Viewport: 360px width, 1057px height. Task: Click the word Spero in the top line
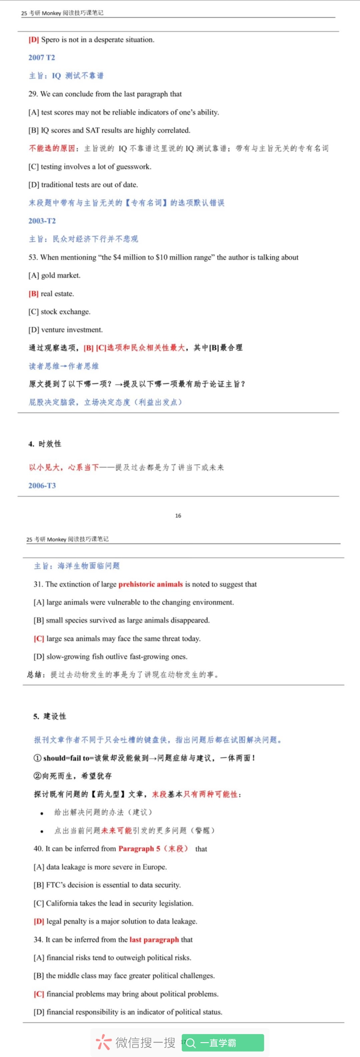[50, 40]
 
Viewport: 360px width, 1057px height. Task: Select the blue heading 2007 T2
[41, 58]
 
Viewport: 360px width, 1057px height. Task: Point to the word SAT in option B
[92, 130]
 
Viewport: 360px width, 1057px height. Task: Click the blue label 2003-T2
[42, 221]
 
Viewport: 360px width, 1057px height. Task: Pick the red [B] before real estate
[33, 294]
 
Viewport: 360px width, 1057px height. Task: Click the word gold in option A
[48, 275]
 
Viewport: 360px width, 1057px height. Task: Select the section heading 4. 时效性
[45, 444]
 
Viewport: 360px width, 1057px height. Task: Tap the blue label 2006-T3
[42, 486]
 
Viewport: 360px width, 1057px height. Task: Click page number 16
[178, 516]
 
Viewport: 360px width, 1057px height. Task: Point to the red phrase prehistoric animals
[150, 585]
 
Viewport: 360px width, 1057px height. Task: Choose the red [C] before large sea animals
[39, 639]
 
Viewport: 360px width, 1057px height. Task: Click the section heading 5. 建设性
[49, 716]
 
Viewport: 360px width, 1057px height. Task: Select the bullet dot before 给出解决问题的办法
[42, 813]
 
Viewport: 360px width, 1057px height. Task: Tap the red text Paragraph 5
[139, 849]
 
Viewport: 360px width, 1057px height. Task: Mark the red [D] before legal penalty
[39, 922]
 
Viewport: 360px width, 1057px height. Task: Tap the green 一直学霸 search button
[223, 1043]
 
